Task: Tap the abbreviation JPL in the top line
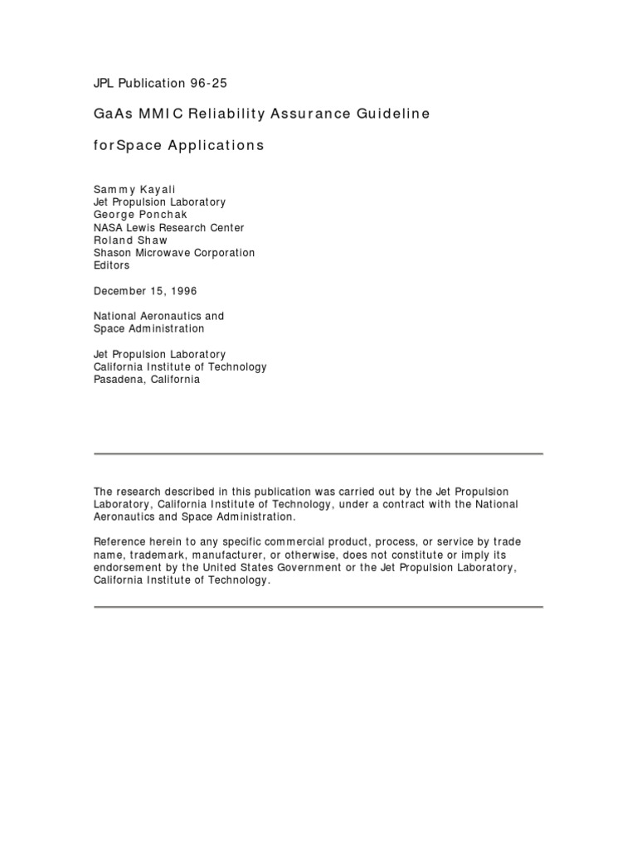click(105, 82)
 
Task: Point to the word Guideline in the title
click(396, 113)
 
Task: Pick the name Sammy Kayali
click(134, 190)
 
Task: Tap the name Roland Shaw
click(131, 240)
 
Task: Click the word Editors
click(112, 265)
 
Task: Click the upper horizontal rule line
click(318, 454)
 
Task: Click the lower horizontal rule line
click(318, 607)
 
